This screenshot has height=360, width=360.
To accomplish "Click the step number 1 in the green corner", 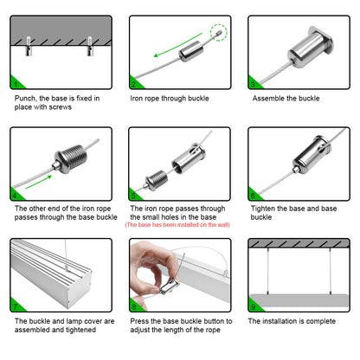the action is click(16, 84).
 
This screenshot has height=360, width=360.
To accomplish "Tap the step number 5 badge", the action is click(133, 196).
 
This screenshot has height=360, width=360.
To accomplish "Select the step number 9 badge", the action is click(253, 306).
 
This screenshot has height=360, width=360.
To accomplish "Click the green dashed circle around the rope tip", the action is click(218, 32).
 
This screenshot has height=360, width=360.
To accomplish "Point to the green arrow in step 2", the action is click(177, 44).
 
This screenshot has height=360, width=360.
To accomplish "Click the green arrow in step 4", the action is click(39, 182).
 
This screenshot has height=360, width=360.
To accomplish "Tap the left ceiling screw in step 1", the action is click(29, 46).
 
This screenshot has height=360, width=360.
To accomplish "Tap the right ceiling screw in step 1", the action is click(90, 46).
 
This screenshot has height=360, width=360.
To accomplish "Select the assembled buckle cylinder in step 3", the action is click(311, 47).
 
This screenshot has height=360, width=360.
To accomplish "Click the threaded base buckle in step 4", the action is click(70, 159).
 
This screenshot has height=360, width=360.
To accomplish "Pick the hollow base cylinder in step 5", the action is click(189, 158).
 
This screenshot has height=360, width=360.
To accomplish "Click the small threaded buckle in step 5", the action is click(156, 179).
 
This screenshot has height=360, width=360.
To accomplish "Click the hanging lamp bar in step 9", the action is click(299, 301).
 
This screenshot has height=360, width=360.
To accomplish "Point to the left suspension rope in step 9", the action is click(268, 271).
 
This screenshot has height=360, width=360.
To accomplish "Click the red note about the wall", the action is click(177, 225).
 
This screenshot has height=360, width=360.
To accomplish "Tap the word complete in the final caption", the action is click(320, 321).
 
